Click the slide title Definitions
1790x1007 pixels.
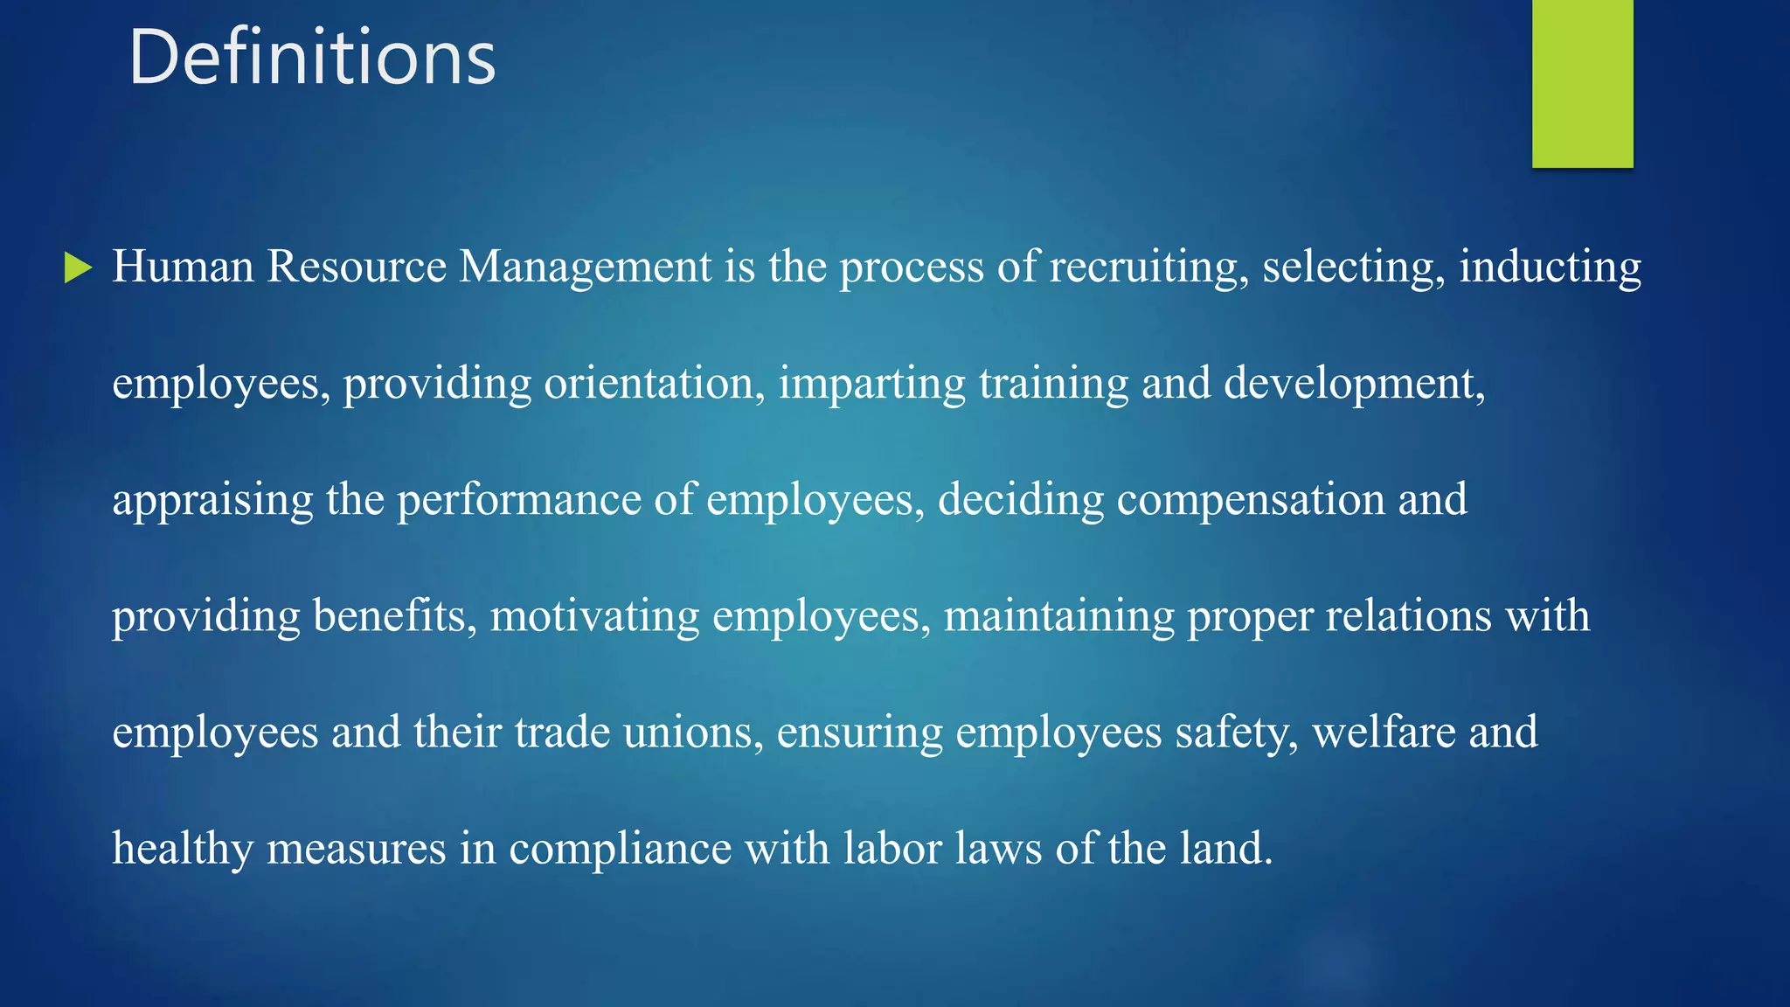point(312,58)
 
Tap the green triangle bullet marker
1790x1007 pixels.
point(78,267)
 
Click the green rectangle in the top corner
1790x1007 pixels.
point(1582,83)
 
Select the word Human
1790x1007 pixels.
point(183,266)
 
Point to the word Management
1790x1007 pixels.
point(586,267)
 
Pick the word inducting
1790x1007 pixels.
point(1550,267)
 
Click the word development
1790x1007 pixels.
point(1353,384)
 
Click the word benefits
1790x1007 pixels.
point(394,615)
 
